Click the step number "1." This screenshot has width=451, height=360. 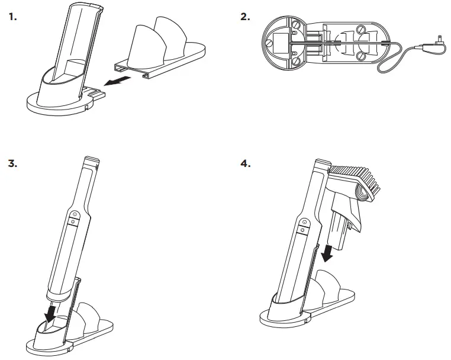(x=12, y=16)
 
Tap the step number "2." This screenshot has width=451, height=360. (x=246, y=16)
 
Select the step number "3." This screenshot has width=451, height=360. (x=12, y=163)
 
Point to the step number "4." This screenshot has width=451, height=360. (x=246, y=163)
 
